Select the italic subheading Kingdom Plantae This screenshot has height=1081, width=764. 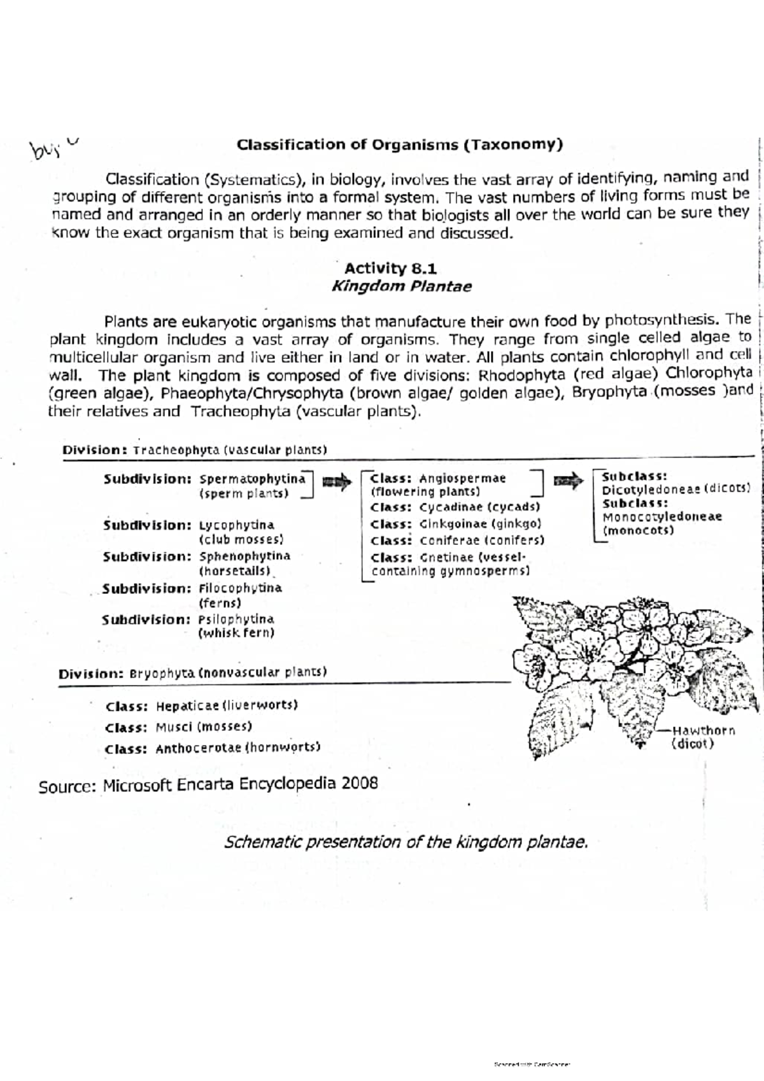coord(401,286)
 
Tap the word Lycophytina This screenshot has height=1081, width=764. coord(237,526)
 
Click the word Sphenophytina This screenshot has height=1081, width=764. coord(244,556)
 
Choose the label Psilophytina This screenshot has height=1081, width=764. coord(236,619)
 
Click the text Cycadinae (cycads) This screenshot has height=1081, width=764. coord(479,507)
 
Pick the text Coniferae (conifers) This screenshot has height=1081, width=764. coord(482,540)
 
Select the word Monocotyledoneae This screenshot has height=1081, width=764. coord(662,517)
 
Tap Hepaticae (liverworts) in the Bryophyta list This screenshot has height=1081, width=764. coord(227,706)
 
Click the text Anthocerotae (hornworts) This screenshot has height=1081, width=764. coord(237,748)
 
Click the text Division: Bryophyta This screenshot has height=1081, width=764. coord(125,673)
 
